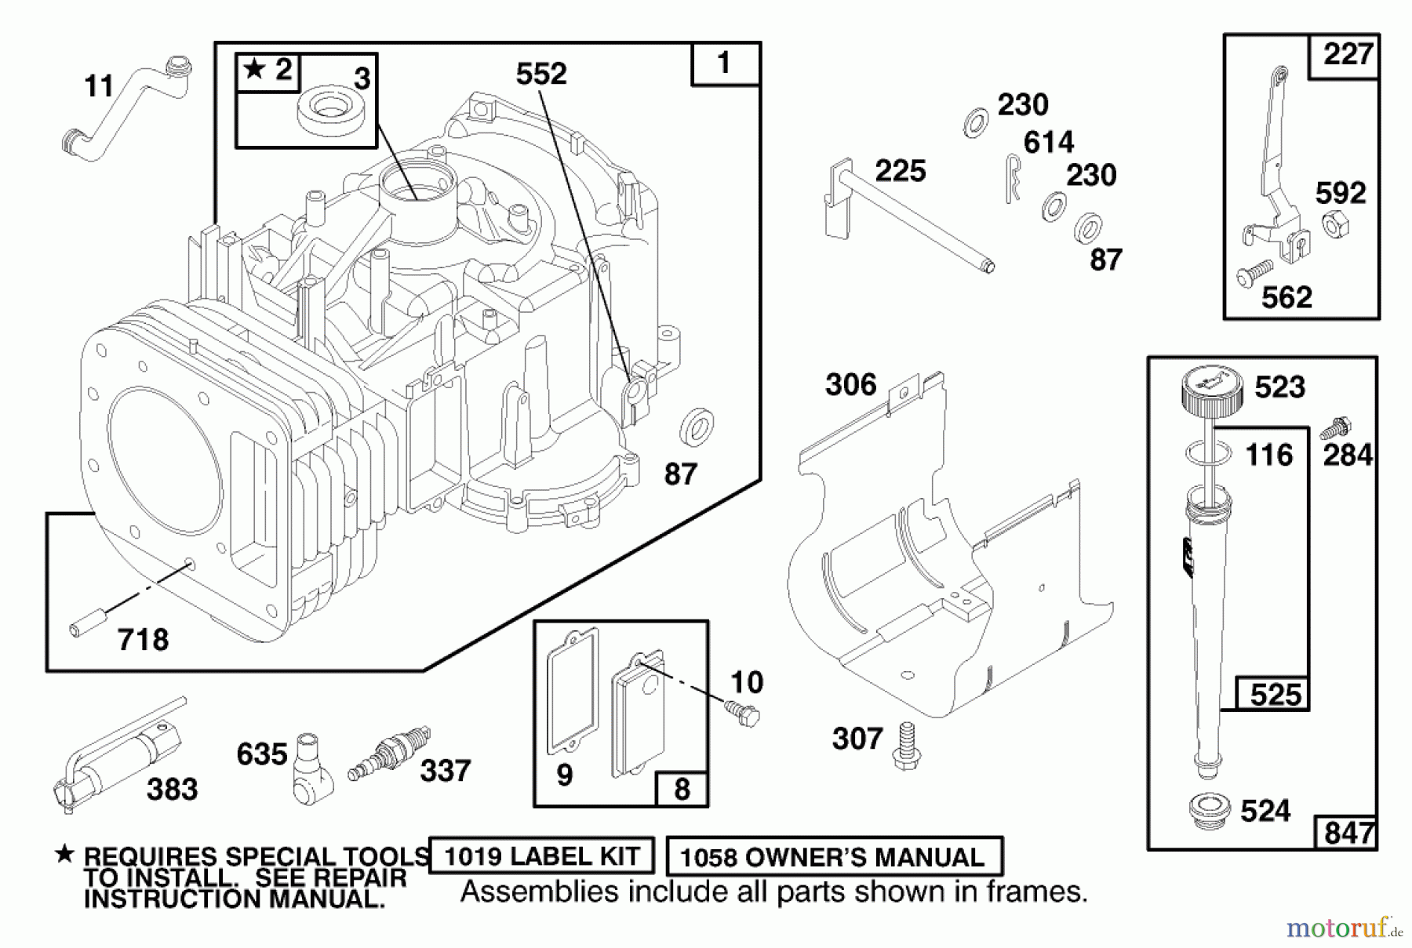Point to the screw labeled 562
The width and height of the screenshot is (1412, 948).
click(x=1253, y=274)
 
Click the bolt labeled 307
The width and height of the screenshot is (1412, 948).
click(x=908, y=746)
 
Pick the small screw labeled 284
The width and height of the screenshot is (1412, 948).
click(x=1333, y=428)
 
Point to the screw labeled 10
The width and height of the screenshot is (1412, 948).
click(x=743, y=714)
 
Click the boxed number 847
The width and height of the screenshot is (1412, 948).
click(x=1348, y=832)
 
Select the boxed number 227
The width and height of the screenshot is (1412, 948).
click(x=1346, y=55)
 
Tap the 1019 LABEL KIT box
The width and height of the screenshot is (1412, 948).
click(x=542, y=855)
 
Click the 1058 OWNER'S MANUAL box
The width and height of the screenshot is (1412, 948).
click(x=833, y=856)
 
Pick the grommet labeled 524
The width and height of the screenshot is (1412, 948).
click(x=1210, y=812)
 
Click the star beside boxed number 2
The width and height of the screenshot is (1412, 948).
click(x=254, y=70)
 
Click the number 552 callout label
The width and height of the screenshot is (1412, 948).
click(x=540, y=74)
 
